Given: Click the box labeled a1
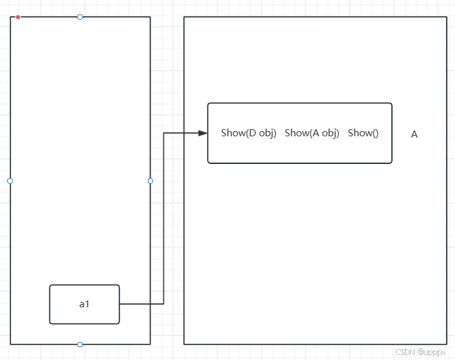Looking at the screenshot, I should [x=84, y=304].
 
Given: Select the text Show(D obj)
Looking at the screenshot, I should [x=248, y=133].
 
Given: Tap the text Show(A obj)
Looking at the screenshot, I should [x=312, y=133].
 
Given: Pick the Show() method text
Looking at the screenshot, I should [x=363, y=133].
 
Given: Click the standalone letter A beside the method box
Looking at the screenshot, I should [x=415, y=134].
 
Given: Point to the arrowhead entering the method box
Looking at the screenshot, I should [x=203, y=133].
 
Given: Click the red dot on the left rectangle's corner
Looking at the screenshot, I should [x=18, y=17].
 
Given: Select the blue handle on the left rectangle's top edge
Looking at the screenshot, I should [x=80, y=17].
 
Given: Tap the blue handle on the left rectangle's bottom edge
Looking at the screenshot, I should [x=80, y=345].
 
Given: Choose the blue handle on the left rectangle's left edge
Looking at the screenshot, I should [x=10, y=181].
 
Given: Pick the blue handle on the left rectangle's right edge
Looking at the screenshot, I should [x=150, y=181].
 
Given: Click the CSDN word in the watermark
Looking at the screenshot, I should [x=404, y=352].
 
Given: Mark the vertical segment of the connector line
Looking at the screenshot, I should [x=164, y=219].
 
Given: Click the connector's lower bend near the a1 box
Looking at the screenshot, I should [x=164, y=304].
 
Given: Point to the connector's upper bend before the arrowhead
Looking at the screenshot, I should [x=164, y=133].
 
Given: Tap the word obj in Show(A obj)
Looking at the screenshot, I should [x=330, y=133].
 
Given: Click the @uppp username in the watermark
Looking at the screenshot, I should [x=431, y=352].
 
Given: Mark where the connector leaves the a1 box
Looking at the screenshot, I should [x=120, y=304].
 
